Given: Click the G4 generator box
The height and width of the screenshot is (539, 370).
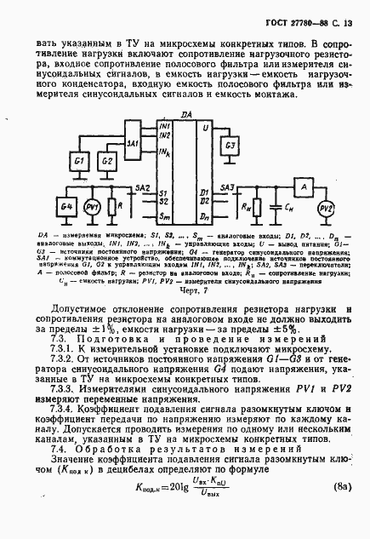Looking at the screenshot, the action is pos(66,208).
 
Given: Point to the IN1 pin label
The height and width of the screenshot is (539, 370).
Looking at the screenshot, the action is pos(164,126).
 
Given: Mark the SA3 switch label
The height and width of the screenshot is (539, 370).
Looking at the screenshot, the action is pos(227,186).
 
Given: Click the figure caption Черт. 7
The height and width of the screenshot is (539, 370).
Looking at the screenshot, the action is pos(184,289).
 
